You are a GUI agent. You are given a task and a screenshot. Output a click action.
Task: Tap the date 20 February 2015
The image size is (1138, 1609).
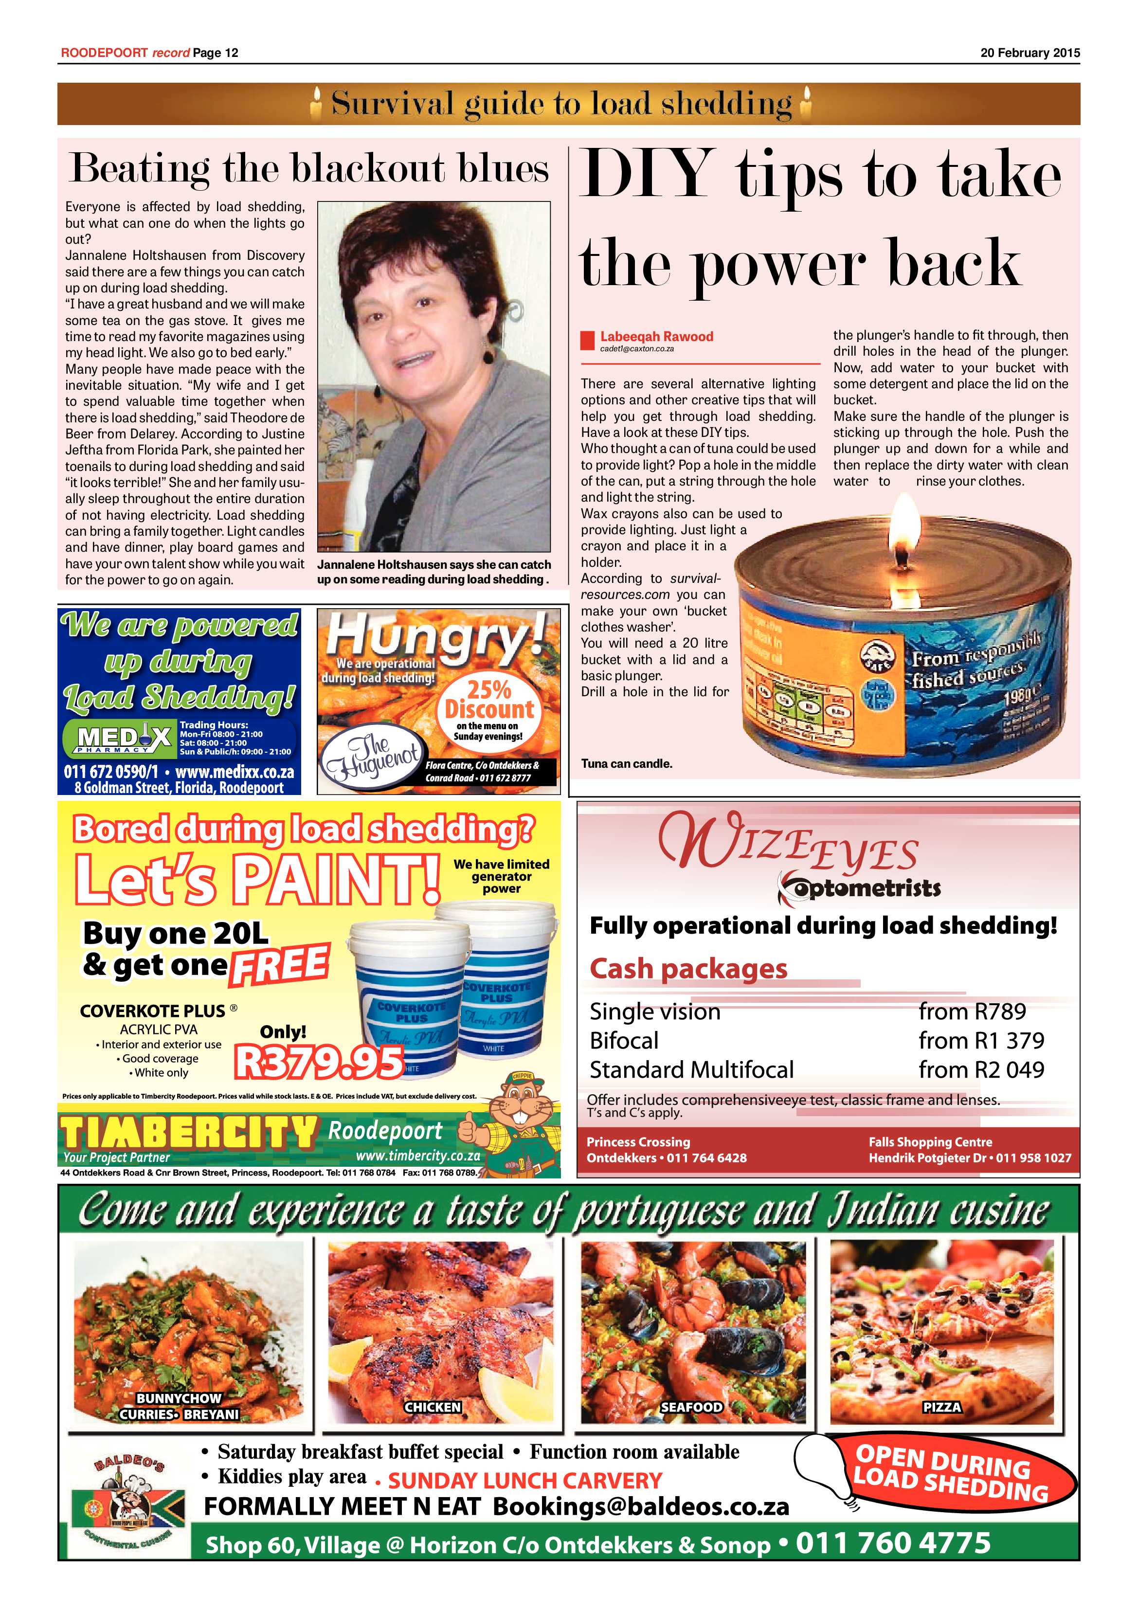(x=1030, y=53)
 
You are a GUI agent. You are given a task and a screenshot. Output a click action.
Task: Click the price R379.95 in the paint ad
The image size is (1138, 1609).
(x=320, y=1062)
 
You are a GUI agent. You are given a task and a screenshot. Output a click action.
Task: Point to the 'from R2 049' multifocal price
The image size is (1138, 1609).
(x=981, y=1069)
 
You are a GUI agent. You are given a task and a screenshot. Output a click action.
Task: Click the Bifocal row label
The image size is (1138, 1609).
(x=624, y=1041)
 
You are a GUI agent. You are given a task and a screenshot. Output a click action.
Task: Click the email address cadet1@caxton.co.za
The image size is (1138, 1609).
(x=636, y=348)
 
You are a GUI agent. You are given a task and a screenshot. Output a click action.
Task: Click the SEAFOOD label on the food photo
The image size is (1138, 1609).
(x=691, y=1407)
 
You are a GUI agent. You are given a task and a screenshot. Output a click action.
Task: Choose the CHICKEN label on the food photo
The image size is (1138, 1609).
(x=433, y=1407)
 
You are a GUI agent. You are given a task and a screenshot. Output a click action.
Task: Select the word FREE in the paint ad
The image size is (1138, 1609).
(x=279, y=965)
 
